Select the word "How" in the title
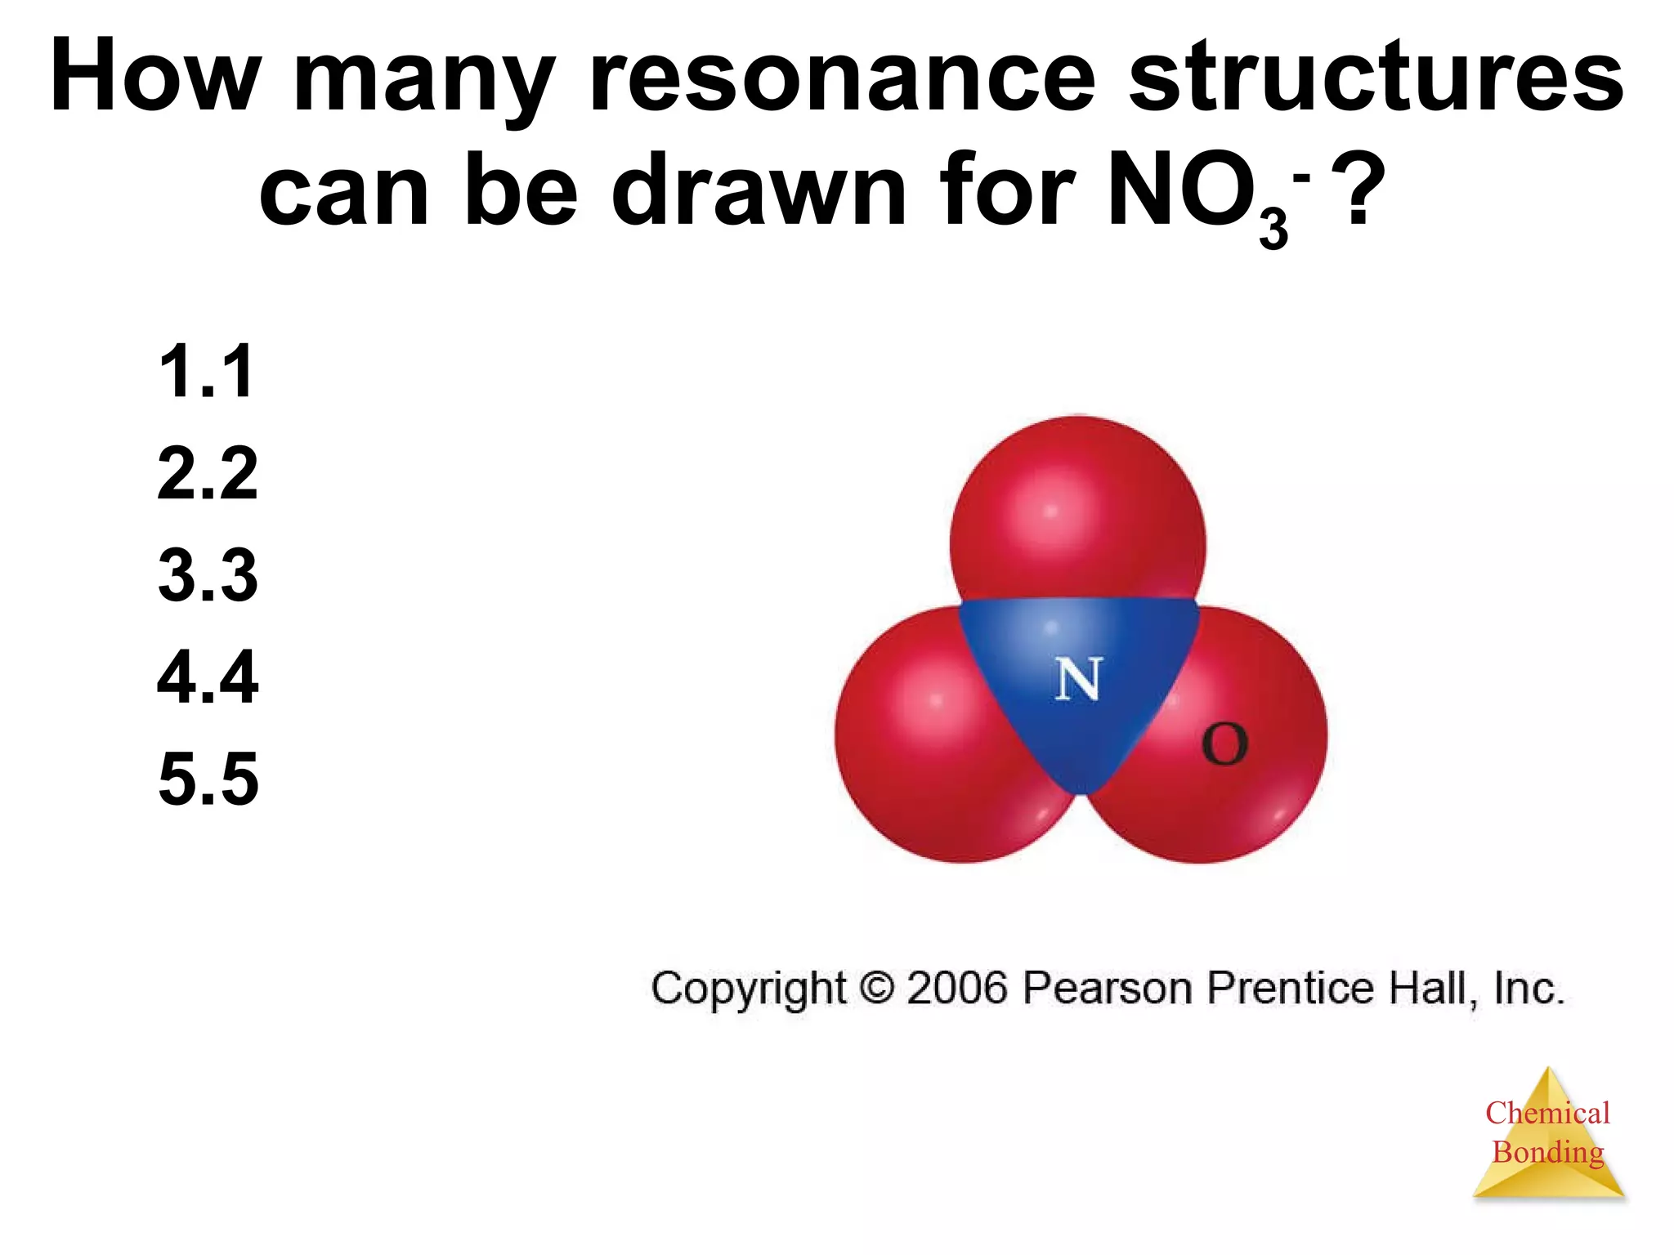coord(155,78)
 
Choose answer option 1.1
coord(207,372)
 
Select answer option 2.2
coord(207,473)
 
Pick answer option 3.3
coord(207,575)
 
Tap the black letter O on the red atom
coord(1224,744)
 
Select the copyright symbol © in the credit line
coord(877,988)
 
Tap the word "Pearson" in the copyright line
coord(1109,988)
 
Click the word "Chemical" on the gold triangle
coord(1547,1113)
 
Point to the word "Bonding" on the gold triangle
coord(1547,1152)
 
